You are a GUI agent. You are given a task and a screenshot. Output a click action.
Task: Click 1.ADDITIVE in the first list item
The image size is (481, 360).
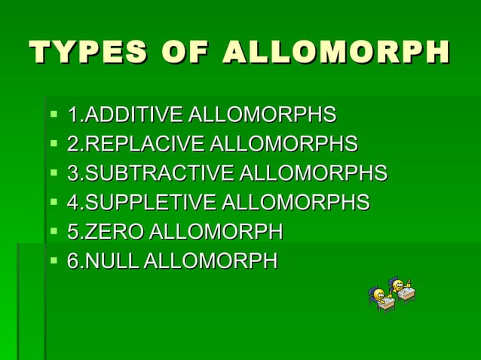click(125, 115)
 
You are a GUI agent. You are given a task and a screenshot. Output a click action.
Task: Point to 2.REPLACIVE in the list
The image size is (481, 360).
click(136, 144)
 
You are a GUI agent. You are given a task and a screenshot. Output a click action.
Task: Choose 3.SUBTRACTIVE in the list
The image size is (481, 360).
click(151, 173)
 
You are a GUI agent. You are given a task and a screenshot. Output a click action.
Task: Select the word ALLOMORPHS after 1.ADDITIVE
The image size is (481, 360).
click(262, 115)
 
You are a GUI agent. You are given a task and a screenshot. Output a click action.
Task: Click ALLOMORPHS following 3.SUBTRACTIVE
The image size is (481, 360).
click(313, 173)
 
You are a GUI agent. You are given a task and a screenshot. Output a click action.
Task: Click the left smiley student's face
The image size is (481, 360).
click(377, 292)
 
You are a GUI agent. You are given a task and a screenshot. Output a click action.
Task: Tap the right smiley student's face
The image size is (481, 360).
click(397, 284)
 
